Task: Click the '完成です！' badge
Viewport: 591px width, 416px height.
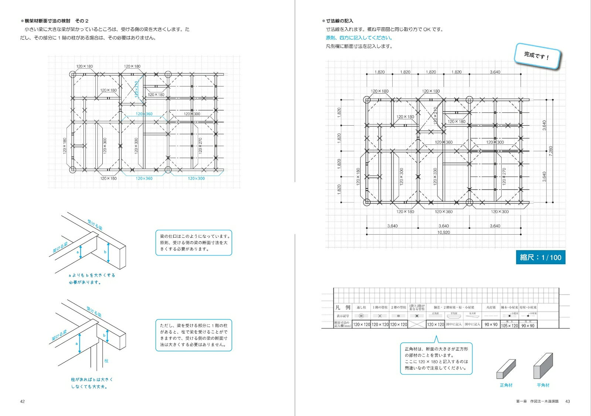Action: click(537, 56)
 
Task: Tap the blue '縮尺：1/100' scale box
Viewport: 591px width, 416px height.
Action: click(540, 258)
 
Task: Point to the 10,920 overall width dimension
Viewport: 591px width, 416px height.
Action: click(444, 232)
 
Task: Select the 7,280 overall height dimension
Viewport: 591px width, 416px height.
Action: click(551, 151)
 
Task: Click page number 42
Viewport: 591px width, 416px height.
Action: click(22, 401)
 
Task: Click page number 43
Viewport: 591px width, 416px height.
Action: click(568, 401)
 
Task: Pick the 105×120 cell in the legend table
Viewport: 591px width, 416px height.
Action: click(509, 325)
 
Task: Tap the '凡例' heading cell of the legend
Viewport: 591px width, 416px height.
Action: click(342, 307)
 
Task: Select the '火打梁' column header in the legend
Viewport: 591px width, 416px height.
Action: click(491, 307)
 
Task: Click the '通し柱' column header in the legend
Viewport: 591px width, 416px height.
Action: click(361, 307)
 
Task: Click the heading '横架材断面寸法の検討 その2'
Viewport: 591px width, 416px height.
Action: click(57, 21)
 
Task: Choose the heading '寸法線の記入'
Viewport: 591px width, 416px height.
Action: click(339, 21)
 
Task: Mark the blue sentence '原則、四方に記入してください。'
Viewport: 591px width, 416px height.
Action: click(359, 38)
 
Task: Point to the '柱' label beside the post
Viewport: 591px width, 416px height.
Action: click(106, 361)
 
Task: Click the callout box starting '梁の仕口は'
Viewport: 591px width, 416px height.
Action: click(194, 243)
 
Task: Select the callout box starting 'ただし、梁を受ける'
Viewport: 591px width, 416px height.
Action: click(194, 335)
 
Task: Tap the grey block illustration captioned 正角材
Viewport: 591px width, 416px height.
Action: click(506, 369)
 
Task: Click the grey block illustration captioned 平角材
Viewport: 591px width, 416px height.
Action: click(543, 366)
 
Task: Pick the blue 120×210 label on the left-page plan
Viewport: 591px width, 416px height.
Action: click(137, 89)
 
